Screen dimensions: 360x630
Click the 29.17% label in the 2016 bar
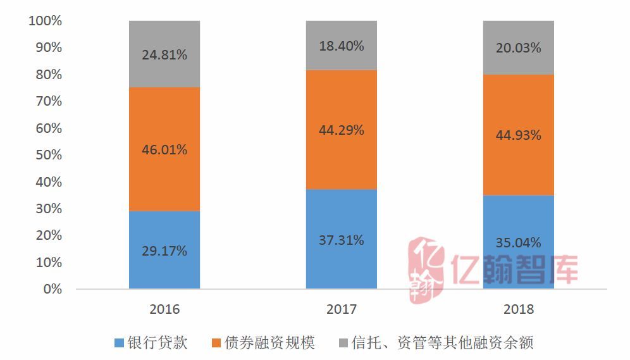point(164,251)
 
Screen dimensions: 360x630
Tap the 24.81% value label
point(164,55)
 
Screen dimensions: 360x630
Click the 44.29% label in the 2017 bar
point(342,130)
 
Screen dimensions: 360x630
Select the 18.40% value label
point(342,46)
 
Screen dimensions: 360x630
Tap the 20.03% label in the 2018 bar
point(519,48)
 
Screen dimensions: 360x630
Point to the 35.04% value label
point(519,243)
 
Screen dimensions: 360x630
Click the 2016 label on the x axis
point(164,309)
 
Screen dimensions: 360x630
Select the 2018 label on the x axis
point(519,309)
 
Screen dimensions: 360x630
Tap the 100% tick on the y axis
point(46,21)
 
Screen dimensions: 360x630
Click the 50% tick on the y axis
point(48,155)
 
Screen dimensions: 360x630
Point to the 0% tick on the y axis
point(52,289)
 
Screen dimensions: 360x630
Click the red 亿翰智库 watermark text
point(516,268)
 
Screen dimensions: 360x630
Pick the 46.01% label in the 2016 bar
point(164,151)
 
